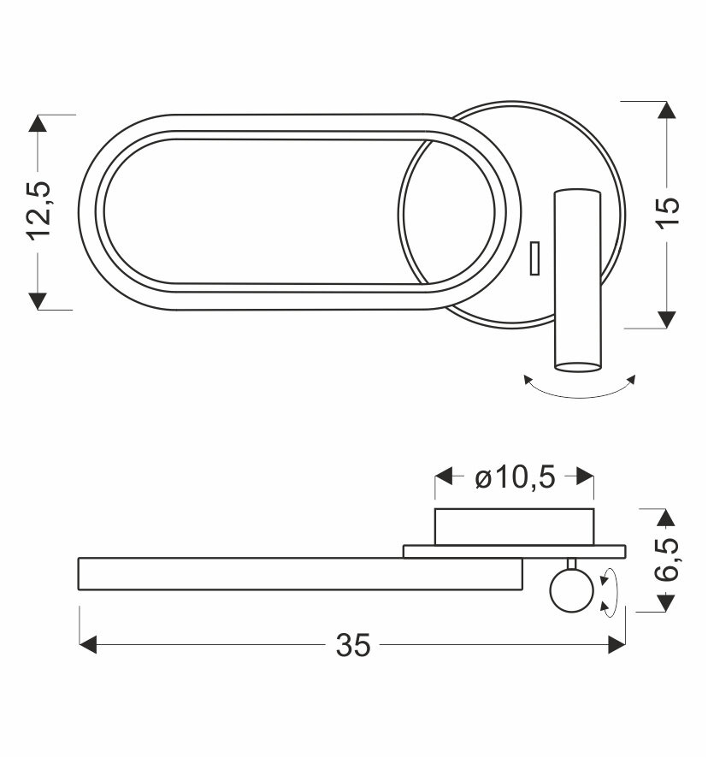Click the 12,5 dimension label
point(38,210)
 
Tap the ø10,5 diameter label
point(514,477)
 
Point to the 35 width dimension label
point(353,646)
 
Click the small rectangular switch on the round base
point(534,258)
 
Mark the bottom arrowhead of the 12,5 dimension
point(38,300)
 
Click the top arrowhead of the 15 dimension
point(666,110)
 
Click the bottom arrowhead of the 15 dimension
point(666,318)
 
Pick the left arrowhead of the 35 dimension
point(87,645)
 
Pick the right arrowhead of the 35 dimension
point(617,645)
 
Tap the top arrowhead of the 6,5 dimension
point(666,517)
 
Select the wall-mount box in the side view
point(514,526)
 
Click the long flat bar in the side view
point(299,573)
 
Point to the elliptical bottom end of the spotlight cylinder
point(576,366)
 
